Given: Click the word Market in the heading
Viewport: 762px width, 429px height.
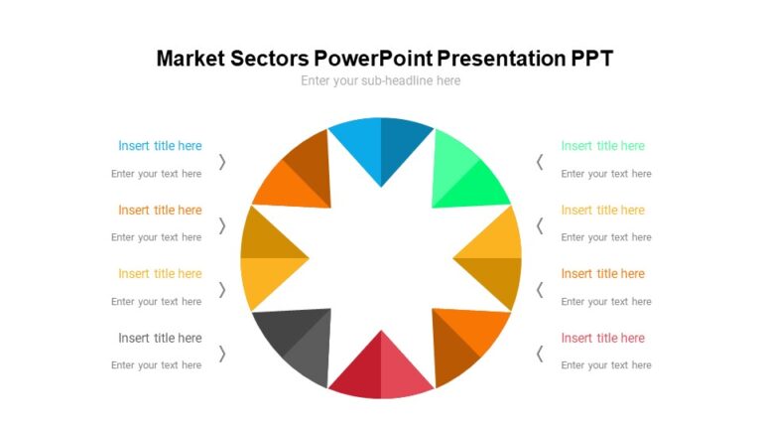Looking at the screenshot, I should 193,58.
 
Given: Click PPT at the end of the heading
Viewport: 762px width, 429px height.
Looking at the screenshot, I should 591,58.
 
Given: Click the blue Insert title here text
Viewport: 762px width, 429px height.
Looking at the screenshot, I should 160,146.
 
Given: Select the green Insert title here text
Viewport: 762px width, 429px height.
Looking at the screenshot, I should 602,146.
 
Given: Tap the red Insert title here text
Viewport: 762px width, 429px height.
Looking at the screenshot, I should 602,338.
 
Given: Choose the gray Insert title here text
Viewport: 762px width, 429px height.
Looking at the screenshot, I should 160,338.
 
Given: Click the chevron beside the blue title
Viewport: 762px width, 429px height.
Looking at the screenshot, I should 222,162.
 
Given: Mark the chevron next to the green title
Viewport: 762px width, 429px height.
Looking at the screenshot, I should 540,162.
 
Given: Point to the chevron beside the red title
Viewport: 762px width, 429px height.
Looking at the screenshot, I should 540,354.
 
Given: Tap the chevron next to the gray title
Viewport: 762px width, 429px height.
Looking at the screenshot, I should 222,354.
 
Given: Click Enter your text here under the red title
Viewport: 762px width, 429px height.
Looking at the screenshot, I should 606,365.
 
